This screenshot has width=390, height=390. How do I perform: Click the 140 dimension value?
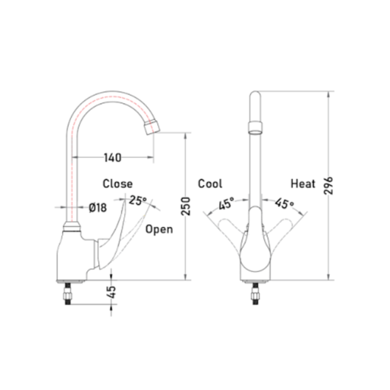click(113, 158)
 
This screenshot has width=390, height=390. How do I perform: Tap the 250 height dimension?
click(186, 206)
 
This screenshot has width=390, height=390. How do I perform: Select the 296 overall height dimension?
click(329, 186)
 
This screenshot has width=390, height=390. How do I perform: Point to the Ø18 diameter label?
click(98, 207)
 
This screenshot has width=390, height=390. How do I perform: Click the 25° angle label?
click(138, 200)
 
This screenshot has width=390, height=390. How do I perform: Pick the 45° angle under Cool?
click(227, 203)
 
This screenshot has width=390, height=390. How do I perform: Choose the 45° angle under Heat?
click(285, 203)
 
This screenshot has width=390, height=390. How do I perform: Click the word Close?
click(118, 184)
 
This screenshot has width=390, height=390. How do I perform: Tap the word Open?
click(160, 229)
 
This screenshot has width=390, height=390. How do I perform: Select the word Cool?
click(210, 184)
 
